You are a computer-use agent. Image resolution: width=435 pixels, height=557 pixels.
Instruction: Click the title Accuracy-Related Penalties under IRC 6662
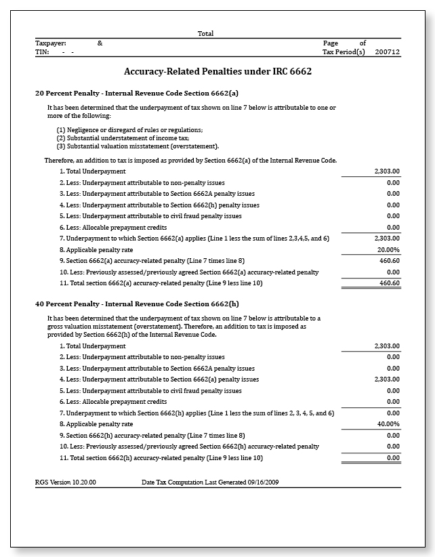tap(217, 71)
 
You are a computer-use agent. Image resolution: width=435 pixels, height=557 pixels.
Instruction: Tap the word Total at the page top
tap(205, 33)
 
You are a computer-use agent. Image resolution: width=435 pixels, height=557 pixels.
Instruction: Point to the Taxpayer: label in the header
tap(51, 43)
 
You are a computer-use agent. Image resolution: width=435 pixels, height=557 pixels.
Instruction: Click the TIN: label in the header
tap(42, 51)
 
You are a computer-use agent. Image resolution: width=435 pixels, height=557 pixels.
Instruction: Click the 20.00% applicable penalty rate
tap(388, 249)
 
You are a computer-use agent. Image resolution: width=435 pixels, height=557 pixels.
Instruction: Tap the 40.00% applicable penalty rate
tap(388, 424)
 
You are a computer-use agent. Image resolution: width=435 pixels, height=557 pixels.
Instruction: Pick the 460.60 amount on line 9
tap(389, 260)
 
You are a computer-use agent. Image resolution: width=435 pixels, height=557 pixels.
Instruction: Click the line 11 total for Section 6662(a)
tap(389, 283)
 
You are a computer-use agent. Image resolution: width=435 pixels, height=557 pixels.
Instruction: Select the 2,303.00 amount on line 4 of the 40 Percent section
tap(387, 379)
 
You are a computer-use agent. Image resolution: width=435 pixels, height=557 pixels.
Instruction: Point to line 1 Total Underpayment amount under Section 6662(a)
tap(387, 171)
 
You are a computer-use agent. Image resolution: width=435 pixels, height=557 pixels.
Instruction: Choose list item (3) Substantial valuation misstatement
tap(138, 146)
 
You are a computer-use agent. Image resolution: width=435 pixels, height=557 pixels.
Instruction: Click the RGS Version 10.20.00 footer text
tap(66, 482)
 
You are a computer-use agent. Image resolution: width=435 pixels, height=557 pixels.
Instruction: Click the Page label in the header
tap(330, 43)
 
